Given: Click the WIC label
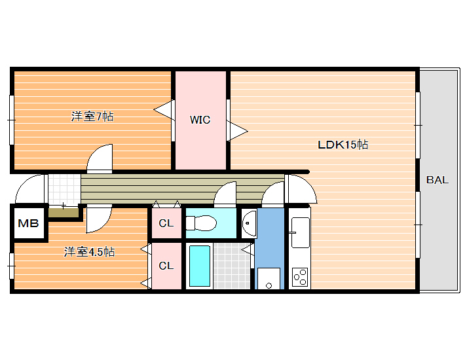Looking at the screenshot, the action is [200, 120].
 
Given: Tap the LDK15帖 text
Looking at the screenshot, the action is [343, 145].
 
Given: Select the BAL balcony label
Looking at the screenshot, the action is [437, 180].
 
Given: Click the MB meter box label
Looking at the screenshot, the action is [28, 223].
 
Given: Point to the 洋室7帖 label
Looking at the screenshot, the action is [92, 117].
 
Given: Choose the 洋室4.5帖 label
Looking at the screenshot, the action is [89, 252].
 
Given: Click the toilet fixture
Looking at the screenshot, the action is [201, 223].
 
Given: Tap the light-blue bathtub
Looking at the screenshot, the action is [200, 266].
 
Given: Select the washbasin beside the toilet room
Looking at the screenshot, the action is [249, 223].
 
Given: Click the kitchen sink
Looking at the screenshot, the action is [300, 232].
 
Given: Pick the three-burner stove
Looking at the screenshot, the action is [300, 277].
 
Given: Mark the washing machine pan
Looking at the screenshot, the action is [269, 279].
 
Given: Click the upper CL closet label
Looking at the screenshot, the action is [166, 223].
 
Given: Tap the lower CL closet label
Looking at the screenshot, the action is [166, 266].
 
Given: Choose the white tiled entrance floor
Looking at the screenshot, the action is [64, 190].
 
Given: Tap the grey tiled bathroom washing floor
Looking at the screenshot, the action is [232, 266].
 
